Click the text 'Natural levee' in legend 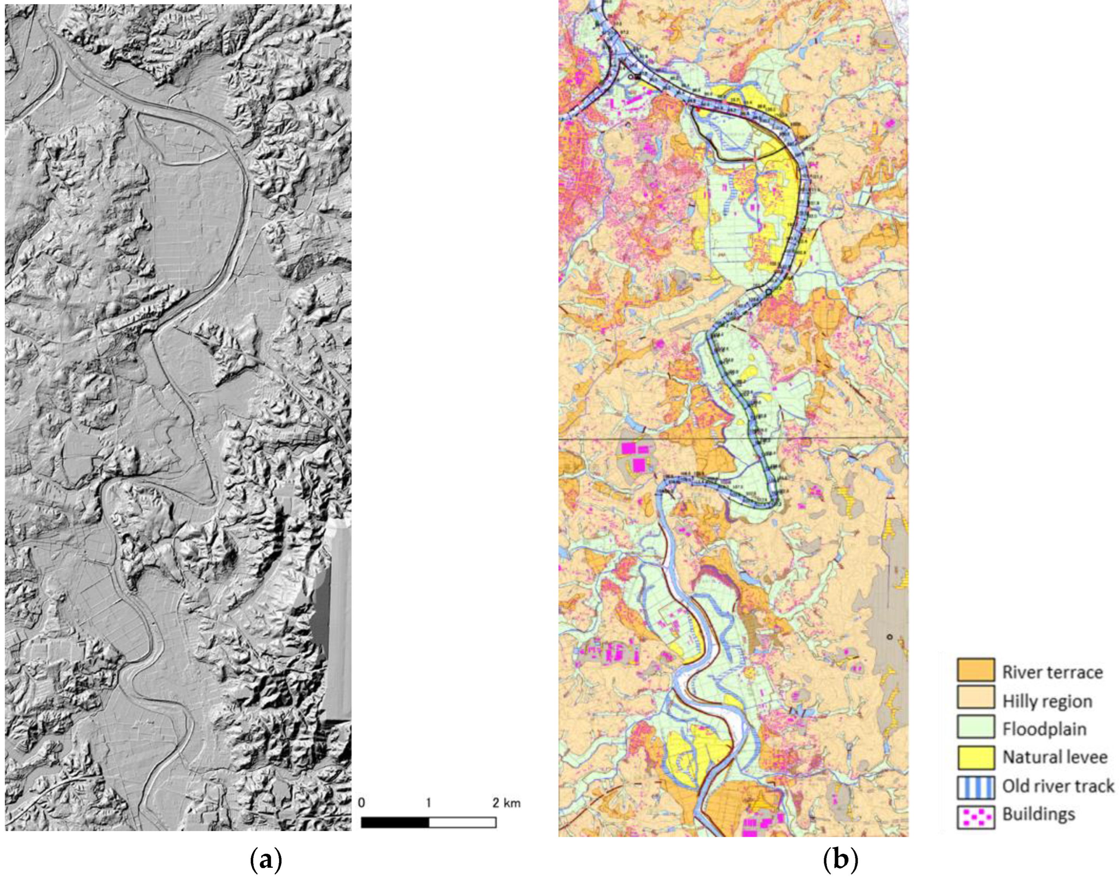click(1055, 757)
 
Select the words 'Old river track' click(1058, 786)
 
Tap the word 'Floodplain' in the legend click(1044, 729)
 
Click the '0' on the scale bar click(361, 803)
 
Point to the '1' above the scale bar click(429, 803)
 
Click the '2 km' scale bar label click(505, 803)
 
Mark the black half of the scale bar click(395, 822)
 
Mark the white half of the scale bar click(462, 822)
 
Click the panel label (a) click(266, 860)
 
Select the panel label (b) click(841, 860)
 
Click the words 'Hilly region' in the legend click(1047, 700)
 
